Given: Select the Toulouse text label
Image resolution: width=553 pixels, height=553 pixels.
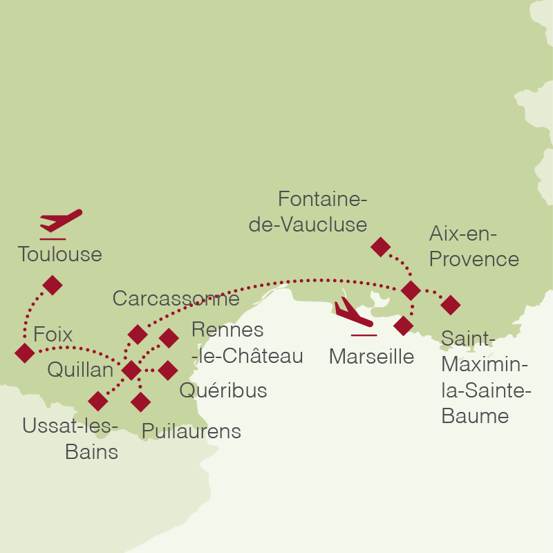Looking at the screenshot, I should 60,254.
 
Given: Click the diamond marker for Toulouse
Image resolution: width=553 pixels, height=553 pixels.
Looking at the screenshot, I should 52,285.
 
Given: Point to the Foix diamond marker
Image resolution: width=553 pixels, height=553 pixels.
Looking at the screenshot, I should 24,353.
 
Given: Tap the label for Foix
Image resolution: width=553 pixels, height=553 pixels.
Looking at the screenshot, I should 53,335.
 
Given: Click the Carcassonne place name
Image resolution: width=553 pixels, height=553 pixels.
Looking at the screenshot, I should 176,299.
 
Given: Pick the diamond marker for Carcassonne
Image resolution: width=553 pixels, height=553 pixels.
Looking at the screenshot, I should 138,335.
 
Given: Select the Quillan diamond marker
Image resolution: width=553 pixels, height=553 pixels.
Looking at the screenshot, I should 131,371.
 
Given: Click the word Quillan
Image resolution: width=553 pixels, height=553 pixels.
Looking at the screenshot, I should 80,370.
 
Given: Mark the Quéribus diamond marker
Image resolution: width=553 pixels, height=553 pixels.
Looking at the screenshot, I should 168,371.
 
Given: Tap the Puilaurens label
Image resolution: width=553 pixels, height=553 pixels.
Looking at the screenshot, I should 191,431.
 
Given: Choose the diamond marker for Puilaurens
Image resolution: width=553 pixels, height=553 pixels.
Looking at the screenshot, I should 140,402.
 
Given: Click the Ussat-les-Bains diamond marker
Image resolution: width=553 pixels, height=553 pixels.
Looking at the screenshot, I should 98,401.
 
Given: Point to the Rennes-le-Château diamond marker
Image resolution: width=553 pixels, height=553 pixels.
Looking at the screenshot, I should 169,337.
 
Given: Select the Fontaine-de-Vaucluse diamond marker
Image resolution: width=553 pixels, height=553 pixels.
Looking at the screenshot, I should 380,247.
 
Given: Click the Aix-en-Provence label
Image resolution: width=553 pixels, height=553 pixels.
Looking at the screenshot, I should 474,247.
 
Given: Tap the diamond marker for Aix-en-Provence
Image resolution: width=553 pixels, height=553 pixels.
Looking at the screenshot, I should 411,290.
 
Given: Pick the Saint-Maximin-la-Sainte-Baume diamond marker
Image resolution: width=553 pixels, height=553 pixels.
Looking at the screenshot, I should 450,304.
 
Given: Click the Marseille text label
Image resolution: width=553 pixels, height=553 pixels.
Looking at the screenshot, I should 371,357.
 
